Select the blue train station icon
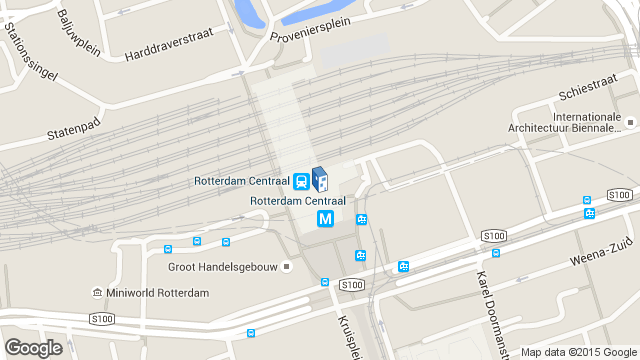[x=301, y=181]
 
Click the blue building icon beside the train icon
[x=320, y=179]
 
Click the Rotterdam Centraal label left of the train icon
[x=241, y=181]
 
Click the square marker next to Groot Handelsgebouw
[x=287, y=266]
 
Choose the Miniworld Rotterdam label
[x=156, y=293]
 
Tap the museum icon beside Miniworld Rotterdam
[x=96, y=293]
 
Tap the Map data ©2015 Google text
[x=578, y=352]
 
